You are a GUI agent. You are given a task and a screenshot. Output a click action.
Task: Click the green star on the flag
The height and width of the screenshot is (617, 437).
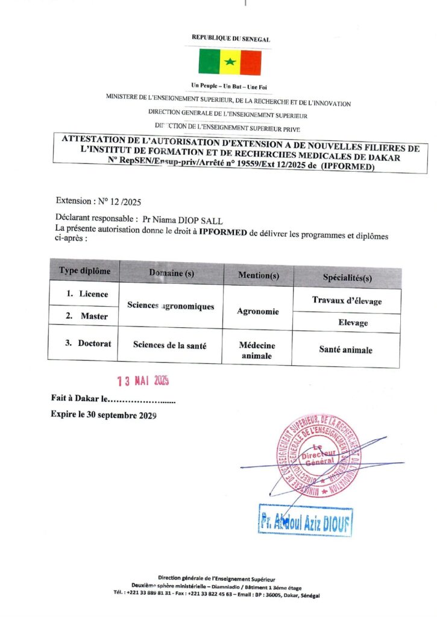pyautogui.click(x=230, y=62)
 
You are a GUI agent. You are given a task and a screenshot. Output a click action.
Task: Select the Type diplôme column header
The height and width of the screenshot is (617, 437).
pyautogui.click(x=84, y=271)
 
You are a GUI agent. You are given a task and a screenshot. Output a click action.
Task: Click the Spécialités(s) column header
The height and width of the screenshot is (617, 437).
pyautogui.click(x=347, y=277)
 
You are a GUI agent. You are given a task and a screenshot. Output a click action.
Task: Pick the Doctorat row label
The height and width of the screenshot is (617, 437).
pyautogui.click(x=87, y=343)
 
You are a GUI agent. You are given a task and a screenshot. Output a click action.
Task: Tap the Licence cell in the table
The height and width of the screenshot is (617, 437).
pyautogui.click(x=87, y=294)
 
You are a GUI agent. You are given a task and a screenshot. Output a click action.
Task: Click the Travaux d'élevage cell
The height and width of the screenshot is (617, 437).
pyautogui.click(x=347, y=300)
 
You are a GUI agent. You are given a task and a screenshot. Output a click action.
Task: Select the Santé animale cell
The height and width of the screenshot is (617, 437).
pyautogui.click(x=345, y=349)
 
